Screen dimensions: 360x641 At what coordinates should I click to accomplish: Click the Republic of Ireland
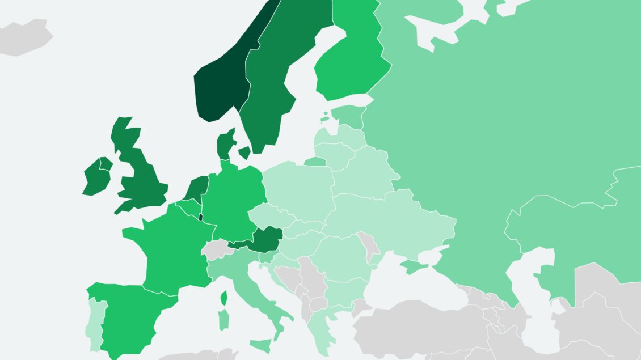[95, 179]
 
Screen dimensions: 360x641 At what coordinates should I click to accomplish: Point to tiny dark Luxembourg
[200, 217]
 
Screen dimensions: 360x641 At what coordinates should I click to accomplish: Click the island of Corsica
[224, 298]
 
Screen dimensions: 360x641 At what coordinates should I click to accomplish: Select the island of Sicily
[262, 345]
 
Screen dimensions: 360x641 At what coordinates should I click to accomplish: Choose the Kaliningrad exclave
[315, 162]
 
